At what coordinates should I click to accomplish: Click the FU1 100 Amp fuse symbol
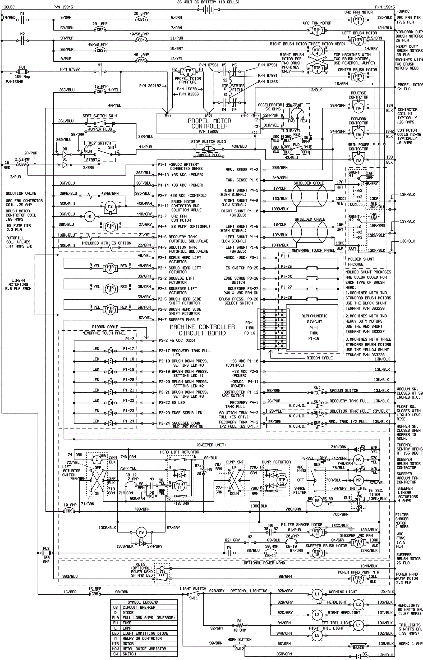click(x=22, y=72)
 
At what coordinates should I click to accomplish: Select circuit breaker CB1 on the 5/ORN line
click(x=141, y=20)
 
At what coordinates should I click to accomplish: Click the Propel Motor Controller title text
click(x=209, y=124)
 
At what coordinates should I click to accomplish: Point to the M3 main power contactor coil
click(x=358, y=160)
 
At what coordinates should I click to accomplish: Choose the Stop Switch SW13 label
click(x=209, y=142)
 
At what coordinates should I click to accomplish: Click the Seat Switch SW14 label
click(x=100, y=116)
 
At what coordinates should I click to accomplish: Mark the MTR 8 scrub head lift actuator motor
click(x=110, y=268)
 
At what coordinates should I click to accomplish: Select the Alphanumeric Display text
click(x=314, y=318)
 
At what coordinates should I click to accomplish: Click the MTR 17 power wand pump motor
click(x=358, y=579)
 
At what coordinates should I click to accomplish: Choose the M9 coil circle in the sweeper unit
click(x=141, y=532)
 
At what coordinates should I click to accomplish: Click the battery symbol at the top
click(x=209, y=10)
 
